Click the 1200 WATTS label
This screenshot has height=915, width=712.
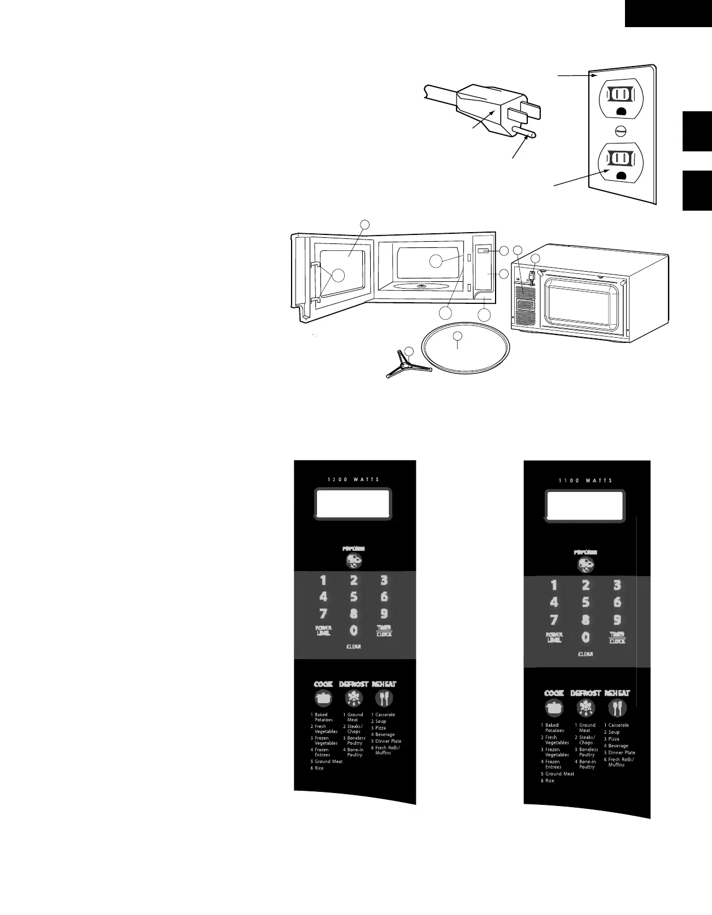pyautogui.click(x=354, y=480)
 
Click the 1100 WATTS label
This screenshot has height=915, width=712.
pyautogui.click(x=585, y=481)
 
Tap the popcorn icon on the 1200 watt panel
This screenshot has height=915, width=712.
pyautogui.click(x=354, y=560)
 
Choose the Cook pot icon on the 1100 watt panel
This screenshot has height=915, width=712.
pyautogui.click(x=554, y=708)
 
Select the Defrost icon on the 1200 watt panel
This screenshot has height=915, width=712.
pyautogui.click(x=354, y=699)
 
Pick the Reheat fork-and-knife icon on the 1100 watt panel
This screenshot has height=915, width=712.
pyautogui.click(x=617, y=708)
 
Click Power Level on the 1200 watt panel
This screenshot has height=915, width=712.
pyautogui.click(x=324, y=631)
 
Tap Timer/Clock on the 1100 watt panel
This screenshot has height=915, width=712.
pyautogui.click(x=617, y=638)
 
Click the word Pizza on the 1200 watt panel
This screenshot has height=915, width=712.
pyautogui.click(x=381, y=728)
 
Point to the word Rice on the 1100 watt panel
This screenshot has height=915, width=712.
pyautogui.click(x=549, y=781)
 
